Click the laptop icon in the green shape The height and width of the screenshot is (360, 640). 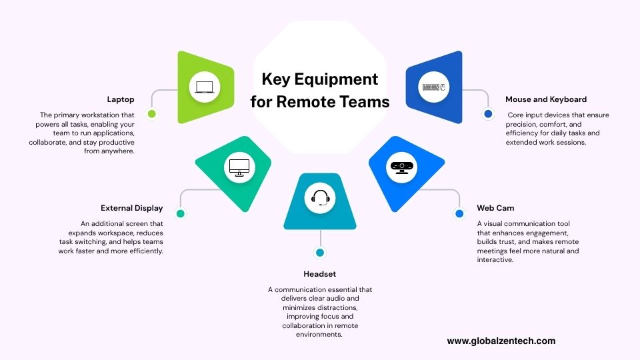tap(205, 87)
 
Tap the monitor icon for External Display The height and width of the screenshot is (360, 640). tap(238, 167)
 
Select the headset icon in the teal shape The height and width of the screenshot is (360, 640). tap(320, 198)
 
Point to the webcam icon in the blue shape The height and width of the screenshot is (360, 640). tap(401, 167)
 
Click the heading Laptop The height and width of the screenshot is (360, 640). tap(120, 99)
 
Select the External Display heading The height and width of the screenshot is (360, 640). tap(131, 208)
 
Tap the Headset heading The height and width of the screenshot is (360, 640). tap(320, 274)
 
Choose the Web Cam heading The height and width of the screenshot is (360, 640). tap(495, 208)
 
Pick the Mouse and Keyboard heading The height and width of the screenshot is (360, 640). tap(546, 99)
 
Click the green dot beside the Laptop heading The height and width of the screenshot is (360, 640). tap(152, 114)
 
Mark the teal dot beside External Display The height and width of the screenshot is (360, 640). tap(180, 213)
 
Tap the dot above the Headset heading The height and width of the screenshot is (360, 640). tap(320, 253)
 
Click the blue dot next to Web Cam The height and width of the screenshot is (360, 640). tap(459, 213)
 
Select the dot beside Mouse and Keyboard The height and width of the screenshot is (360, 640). tap(488, 114)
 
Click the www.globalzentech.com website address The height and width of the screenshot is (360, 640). tap(501, 341)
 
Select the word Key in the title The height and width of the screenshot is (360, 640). tap(275, 80)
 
